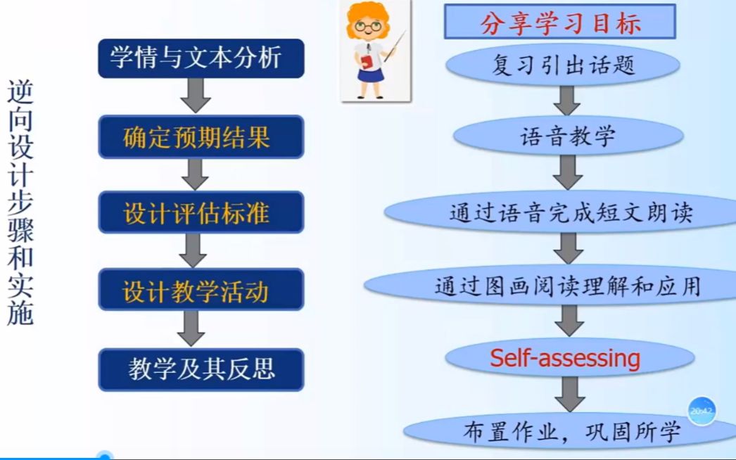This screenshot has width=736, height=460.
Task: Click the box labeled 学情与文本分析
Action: point(201,58)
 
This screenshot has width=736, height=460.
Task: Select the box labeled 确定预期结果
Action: point(201,136)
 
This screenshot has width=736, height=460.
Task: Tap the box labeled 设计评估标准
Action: point(201,212)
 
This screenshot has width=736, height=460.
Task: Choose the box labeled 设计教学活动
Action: point(201,290)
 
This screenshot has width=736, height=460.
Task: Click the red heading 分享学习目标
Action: point(560,23)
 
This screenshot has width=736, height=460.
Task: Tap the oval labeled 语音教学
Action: point(568,136)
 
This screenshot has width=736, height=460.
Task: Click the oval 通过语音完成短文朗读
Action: point(570,212)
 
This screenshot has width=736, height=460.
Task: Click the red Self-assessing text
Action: point(565,358)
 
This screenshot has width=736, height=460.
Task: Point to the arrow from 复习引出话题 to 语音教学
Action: point(566,99)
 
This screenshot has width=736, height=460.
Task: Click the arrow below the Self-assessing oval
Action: point(569,393)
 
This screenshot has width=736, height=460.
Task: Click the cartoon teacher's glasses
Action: point(367,27)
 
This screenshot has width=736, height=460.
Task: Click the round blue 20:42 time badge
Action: point(702,411)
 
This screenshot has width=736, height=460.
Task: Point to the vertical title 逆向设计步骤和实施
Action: point(21,203)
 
